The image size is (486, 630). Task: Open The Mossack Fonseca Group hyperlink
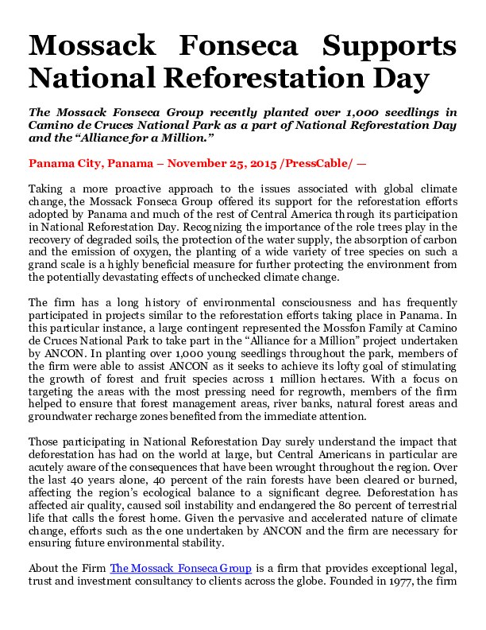(x=181, y=568)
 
